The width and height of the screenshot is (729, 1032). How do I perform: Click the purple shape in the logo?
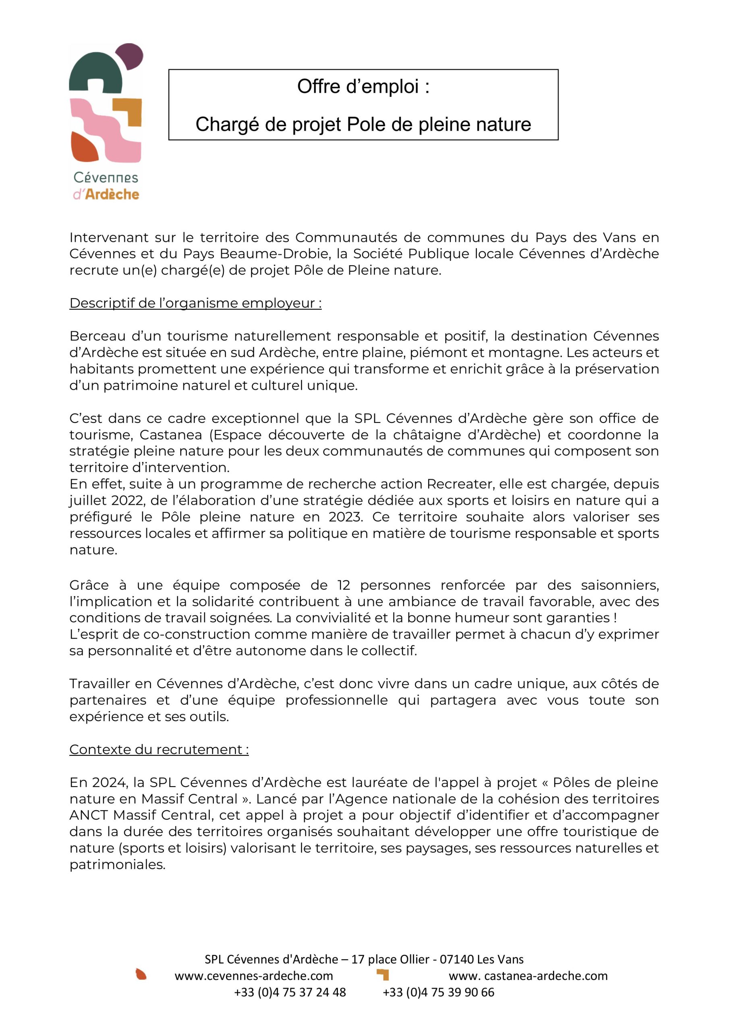[x=130, y=56]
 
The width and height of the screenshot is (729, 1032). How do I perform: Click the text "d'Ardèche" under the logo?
[x=106, y=195]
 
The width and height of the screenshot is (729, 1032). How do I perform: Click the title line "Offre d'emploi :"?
[x=363, y=86]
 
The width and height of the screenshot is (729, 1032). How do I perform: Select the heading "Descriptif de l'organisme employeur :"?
[x=195, y=304]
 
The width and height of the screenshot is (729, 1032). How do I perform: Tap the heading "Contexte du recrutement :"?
[x=159, y=749]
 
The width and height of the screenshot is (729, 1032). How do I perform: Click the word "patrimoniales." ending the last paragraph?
[x=117, y=864]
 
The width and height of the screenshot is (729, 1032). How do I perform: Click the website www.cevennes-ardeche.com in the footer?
[x=254, y=976]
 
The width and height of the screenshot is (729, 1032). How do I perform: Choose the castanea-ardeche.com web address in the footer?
[x=528, y=976]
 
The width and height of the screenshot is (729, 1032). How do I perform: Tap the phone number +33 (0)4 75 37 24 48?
[x=290, y=992]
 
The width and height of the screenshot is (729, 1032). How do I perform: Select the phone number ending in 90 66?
[x=438, y=992]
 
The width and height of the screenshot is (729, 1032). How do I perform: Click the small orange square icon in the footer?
[x=383, y=974]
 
